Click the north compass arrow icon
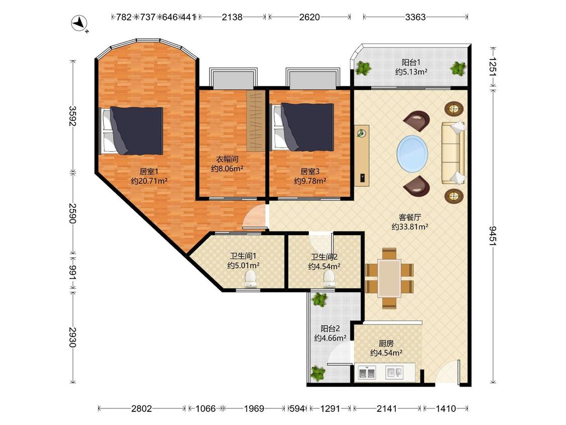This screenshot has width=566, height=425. coord(80,24)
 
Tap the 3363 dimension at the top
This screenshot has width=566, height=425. coord(415,17)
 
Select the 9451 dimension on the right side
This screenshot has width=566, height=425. coord(493,236)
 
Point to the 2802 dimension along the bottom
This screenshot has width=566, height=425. coord(141,408)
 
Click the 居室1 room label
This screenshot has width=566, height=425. coord(149,171)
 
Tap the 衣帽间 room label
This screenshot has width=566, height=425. coord(227,159)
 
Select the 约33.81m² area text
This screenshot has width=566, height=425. coord(410,227)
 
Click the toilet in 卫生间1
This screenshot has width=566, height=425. coord(251,279)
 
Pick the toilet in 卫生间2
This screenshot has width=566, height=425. coord(329,279)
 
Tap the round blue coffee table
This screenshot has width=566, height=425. coord(412,153)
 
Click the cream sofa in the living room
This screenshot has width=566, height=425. coord(453,153)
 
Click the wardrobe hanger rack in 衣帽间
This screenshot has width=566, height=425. coord(256,121)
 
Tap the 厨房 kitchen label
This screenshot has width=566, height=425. coord(386,343)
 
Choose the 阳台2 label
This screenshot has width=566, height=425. coord(330,328)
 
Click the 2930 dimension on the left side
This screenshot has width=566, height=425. coord(73,337)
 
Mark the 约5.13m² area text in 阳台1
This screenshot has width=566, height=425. coord(411,72)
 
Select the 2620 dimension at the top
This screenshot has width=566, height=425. coord(309,17)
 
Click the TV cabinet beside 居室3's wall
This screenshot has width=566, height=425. coord(362,156)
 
